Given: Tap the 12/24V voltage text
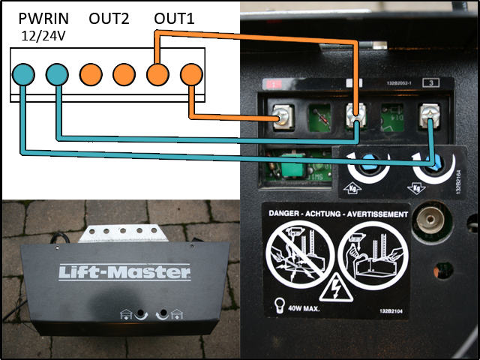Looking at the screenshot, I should click(43, 34).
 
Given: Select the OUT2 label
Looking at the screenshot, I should click(109, 18).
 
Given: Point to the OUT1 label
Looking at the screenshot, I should click(174, 18).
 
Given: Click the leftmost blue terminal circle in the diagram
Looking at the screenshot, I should click(23, 74).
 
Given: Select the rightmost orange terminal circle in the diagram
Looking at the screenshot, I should click(191, 74).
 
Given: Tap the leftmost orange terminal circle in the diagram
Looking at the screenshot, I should click(91, 74).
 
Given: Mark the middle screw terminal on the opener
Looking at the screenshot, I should click(356, 115).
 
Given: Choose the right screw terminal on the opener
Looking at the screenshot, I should click(430, 115).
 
